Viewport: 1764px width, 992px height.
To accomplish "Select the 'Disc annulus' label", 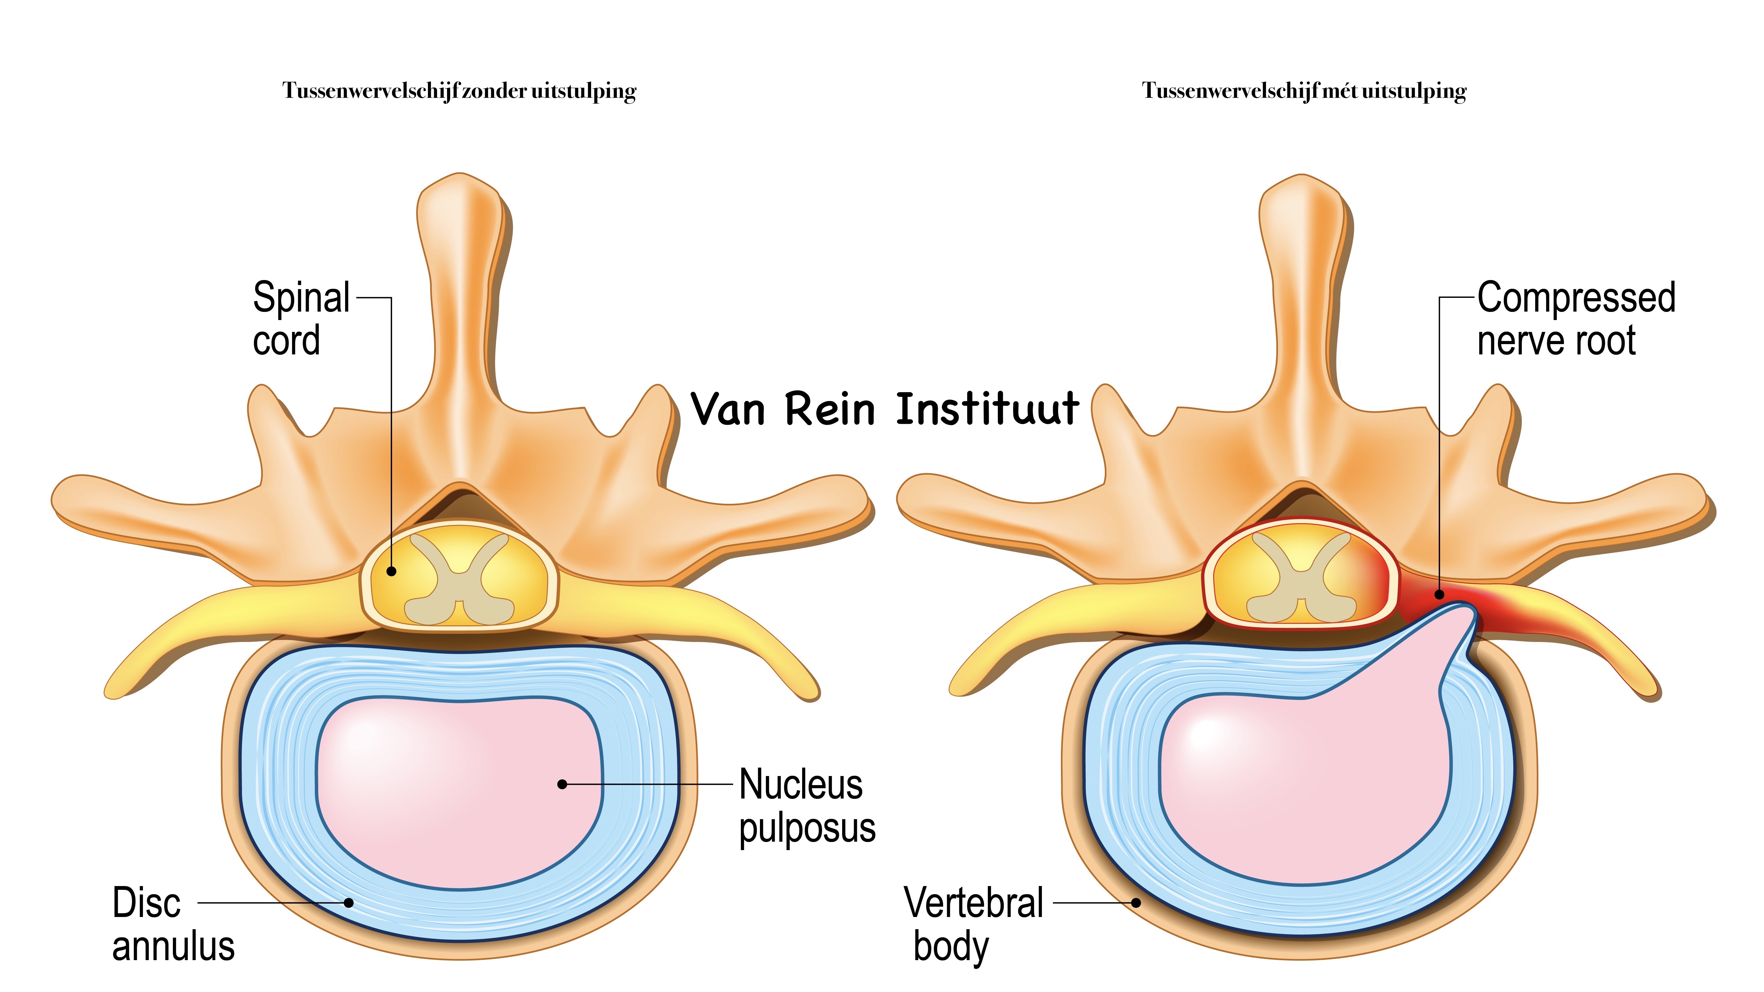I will point(173,924).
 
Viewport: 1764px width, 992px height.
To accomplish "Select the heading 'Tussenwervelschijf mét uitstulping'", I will point(1304,91).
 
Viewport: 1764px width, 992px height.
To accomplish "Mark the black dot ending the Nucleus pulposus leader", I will point(562,784).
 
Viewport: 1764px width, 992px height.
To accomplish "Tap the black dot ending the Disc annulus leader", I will point(349,902).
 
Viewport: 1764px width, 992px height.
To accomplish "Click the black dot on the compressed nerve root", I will point(1440,594).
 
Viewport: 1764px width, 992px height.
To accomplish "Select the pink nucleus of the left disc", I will point(459,787).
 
